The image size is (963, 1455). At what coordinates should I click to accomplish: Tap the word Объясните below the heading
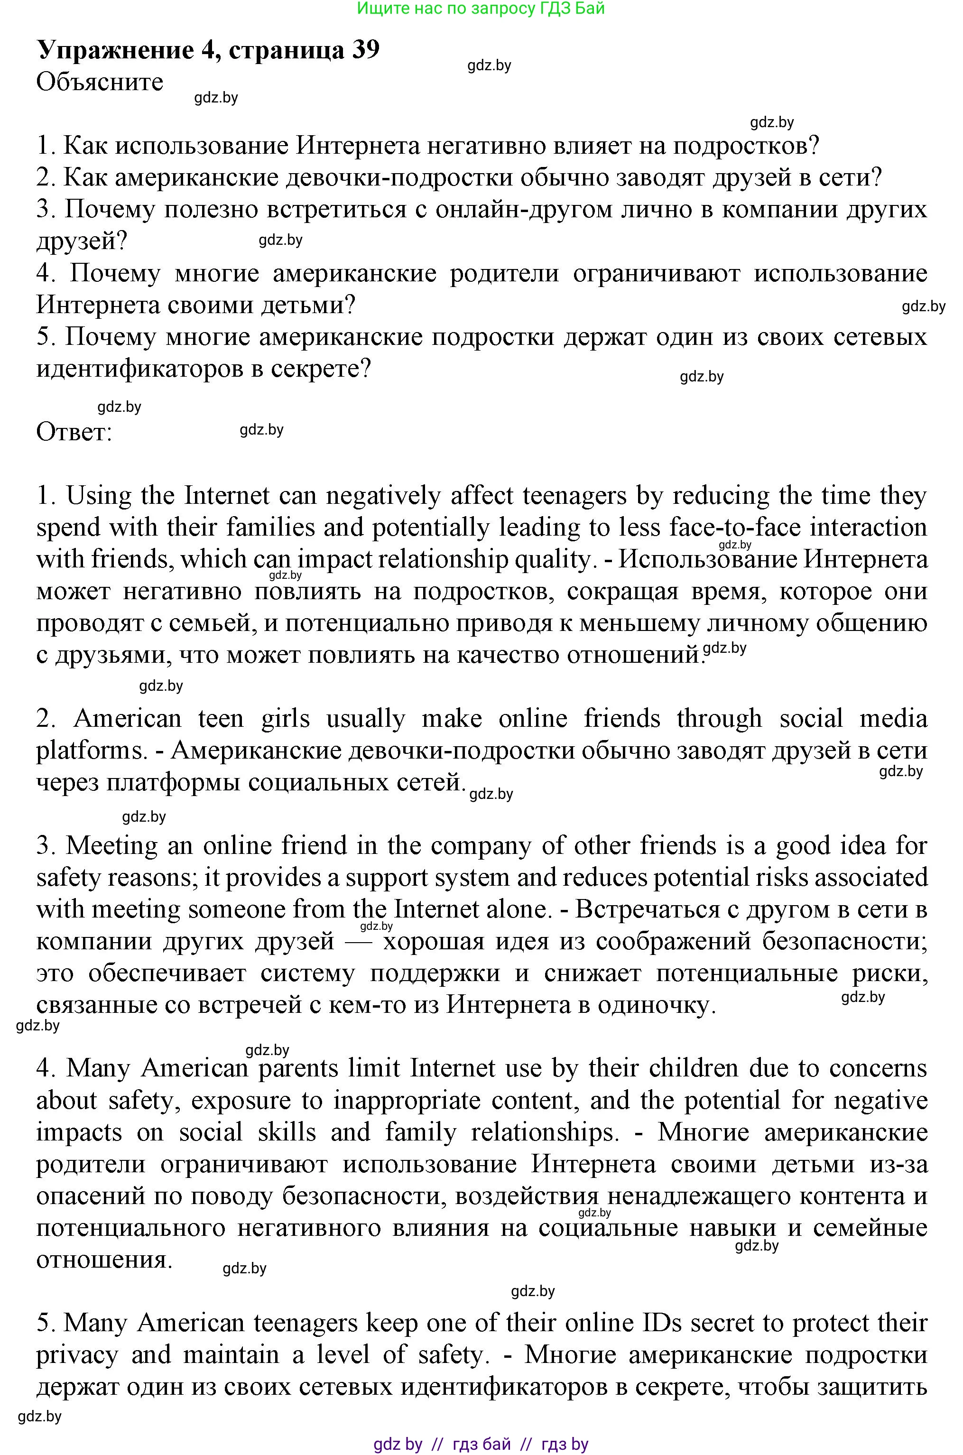(x=100, y=82)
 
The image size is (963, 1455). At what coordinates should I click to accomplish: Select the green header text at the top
(x=481, y=8)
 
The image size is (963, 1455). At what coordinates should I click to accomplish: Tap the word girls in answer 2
(x=285, y=719)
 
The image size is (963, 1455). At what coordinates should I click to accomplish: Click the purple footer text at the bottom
(x=481, y=1439)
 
